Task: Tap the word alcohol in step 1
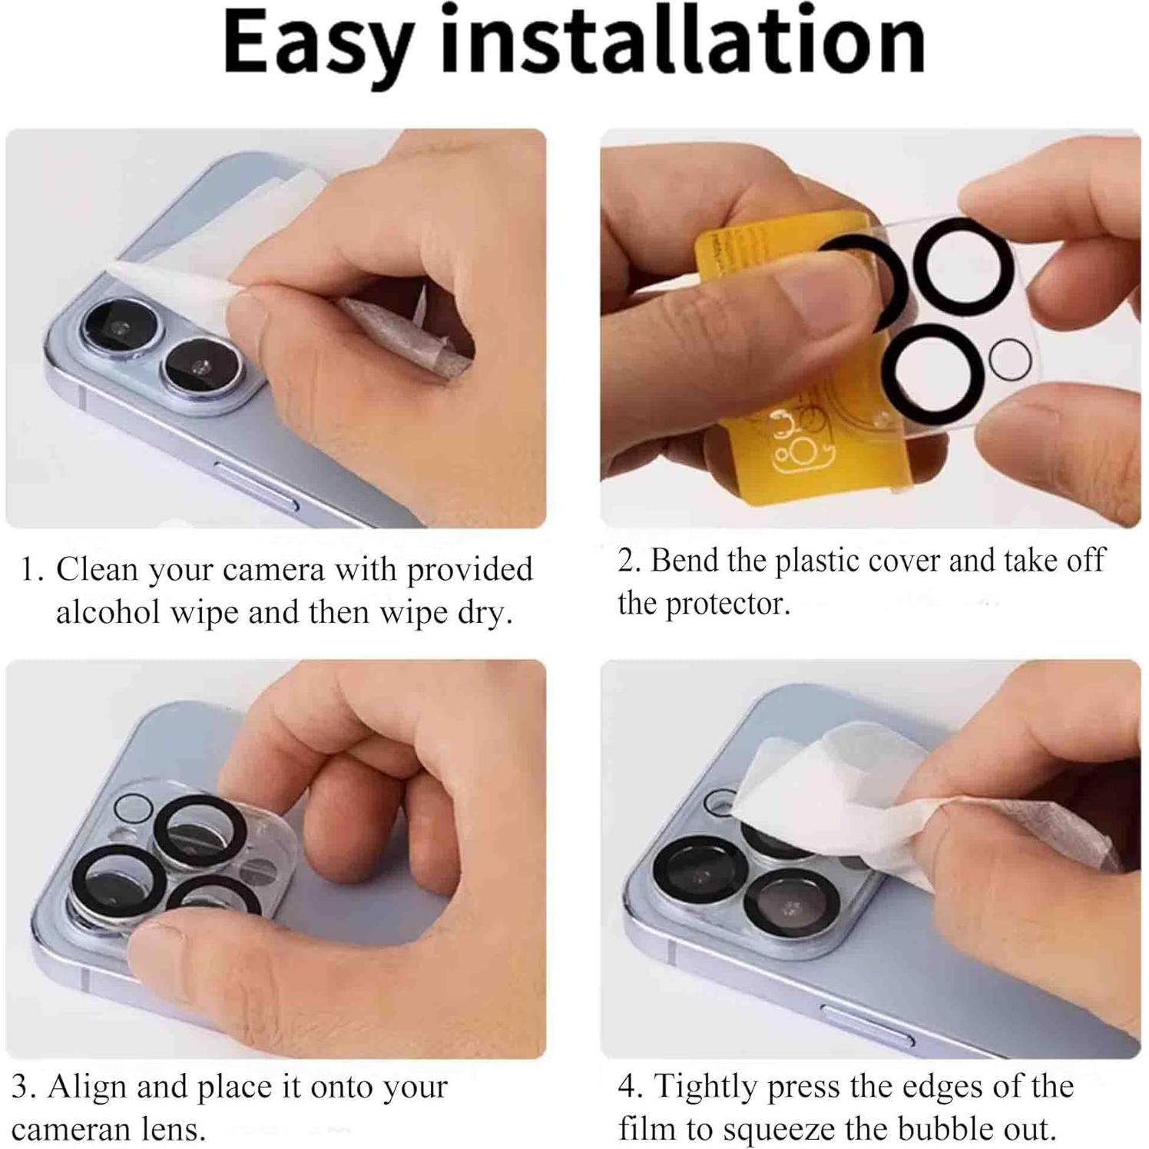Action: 108,612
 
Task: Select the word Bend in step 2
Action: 685,560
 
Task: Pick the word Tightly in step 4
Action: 706,1086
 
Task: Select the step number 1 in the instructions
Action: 31,570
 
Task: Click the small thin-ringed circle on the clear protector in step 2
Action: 1010,359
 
